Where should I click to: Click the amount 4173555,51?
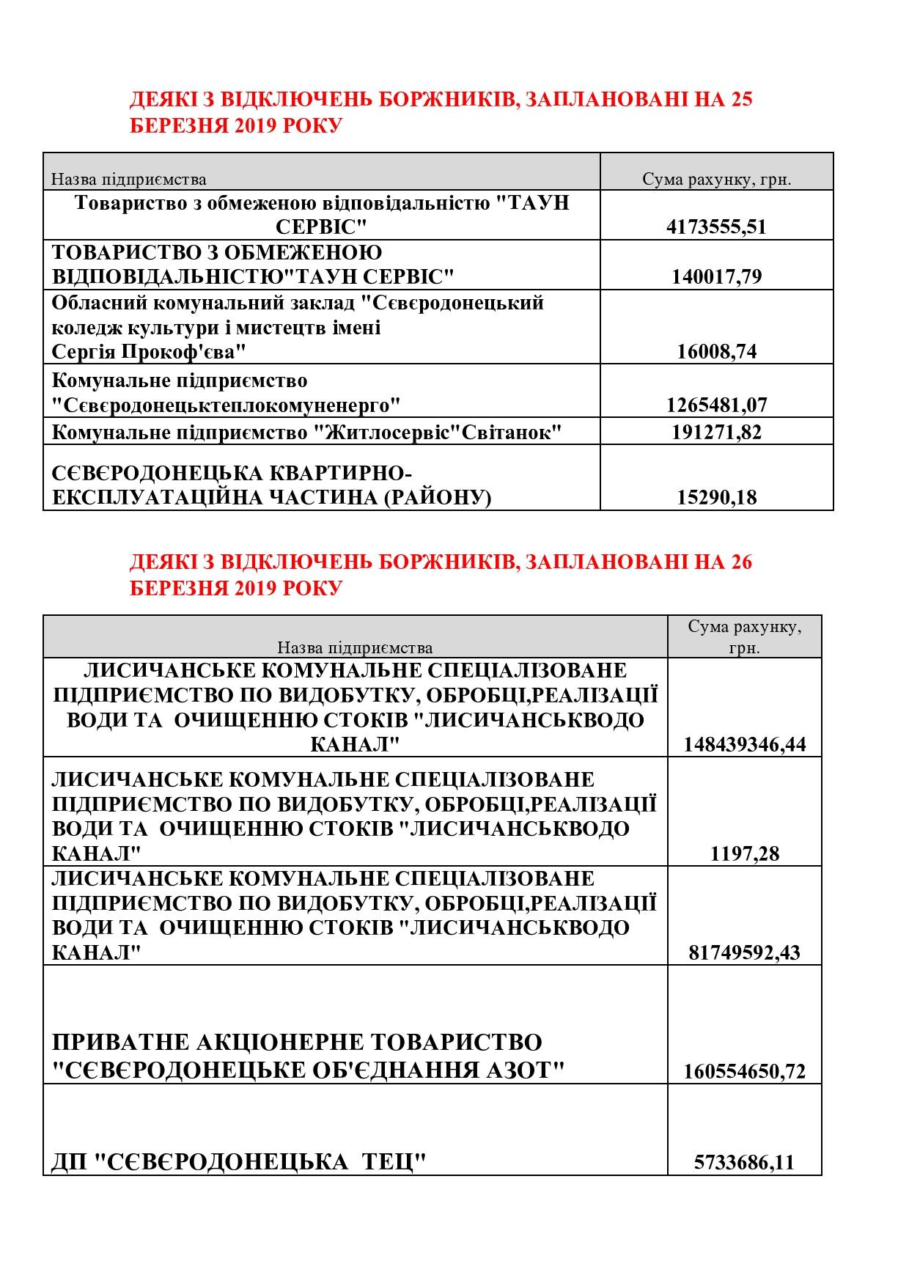point(716,227)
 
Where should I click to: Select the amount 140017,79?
point(716,276)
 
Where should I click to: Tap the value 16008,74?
point(716,351)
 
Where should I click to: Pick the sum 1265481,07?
point(716,405)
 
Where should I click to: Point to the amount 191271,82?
point(716,432)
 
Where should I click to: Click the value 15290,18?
point(716,497)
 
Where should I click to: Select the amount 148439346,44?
point(744,745)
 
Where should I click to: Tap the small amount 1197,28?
point(744,853)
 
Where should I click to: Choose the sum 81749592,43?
point(744,952)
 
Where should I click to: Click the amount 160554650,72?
point(744,1071)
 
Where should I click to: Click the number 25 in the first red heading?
point(741,100)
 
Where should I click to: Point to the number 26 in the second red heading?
point(741,562)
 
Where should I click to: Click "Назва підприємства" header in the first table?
point(129,180)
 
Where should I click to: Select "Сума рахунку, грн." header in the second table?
point(744,637)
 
